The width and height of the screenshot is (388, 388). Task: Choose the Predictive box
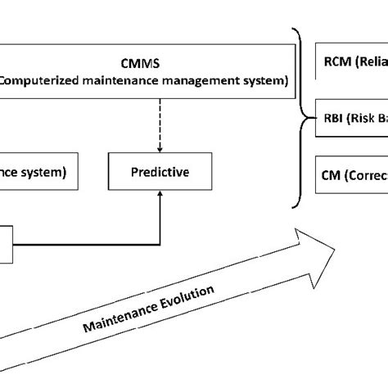[x=159, y=172]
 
